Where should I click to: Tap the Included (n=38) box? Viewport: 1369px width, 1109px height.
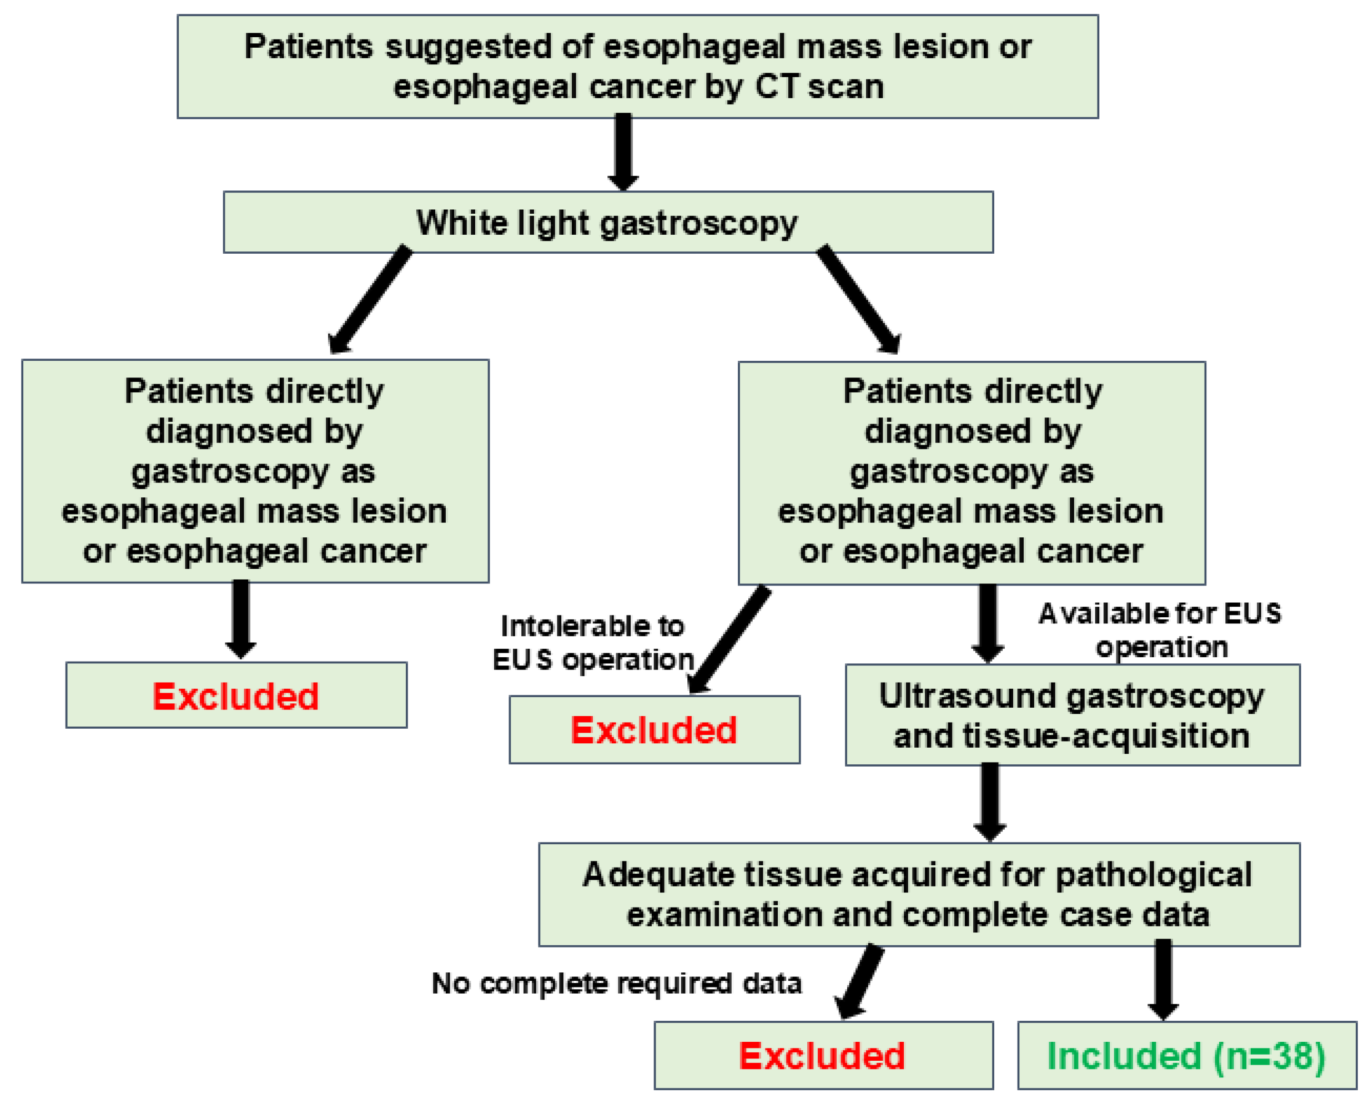[x=1186, y=1055]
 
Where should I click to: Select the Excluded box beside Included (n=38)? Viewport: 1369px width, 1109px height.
[x=822, y=1055]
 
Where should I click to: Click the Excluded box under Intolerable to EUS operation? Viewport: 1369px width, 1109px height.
[x=653, y=729]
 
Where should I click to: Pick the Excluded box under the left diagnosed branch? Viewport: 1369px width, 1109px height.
[x=236, y=695]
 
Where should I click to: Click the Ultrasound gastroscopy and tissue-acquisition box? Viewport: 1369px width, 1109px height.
[x=1071, y=715]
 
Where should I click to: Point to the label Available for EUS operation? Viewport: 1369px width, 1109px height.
[x=1160, y=630]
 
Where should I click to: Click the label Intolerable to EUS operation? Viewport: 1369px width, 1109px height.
[x=592, y=643]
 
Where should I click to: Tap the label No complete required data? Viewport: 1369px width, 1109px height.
[x=616, y=983]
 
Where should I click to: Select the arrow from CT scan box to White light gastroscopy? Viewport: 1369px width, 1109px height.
[x=623, y=152]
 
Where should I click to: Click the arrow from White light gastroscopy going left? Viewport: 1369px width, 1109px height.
[x=370, y=299]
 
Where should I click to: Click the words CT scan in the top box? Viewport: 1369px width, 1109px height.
[x=819, y=86]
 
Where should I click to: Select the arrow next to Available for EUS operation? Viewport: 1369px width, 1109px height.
[x=988, y=623]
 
